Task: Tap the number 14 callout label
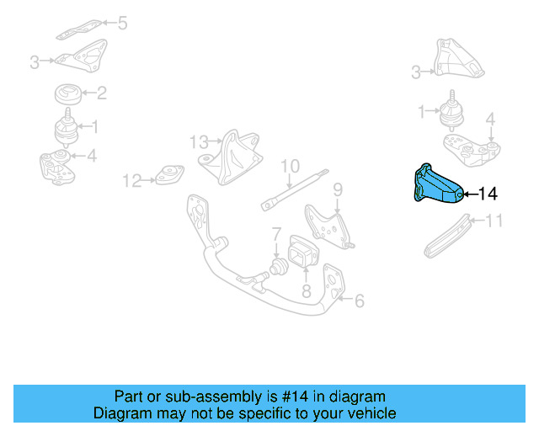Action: pos(488,194)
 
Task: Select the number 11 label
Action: pos(494,221)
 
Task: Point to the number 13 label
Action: pos(198,141)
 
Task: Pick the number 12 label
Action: pos(132,179)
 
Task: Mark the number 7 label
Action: pos(275,232)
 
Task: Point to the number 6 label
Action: pos(359,300)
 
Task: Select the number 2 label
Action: pos(101,93)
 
